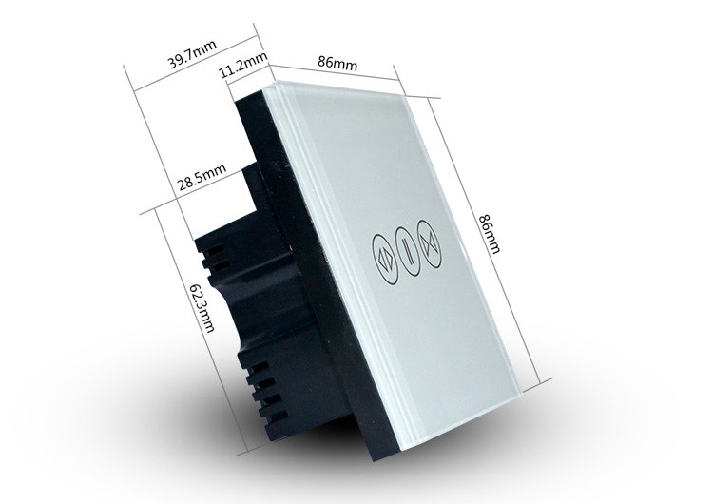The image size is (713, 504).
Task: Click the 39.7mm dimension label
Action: [x=193, y=54]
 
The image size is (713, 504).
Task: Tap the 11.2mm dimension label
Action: [x=243, y=66]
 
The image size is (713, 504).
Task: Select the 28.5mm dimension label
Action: [x=202, y=178]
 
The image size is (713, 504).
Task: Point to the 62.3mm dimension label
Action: [x=202, y=308]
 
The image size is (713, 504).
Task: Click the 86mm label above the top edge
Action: [x=337, y=63]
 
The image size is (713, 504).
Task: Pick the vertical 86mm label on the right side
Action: [x=490, y=233]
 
